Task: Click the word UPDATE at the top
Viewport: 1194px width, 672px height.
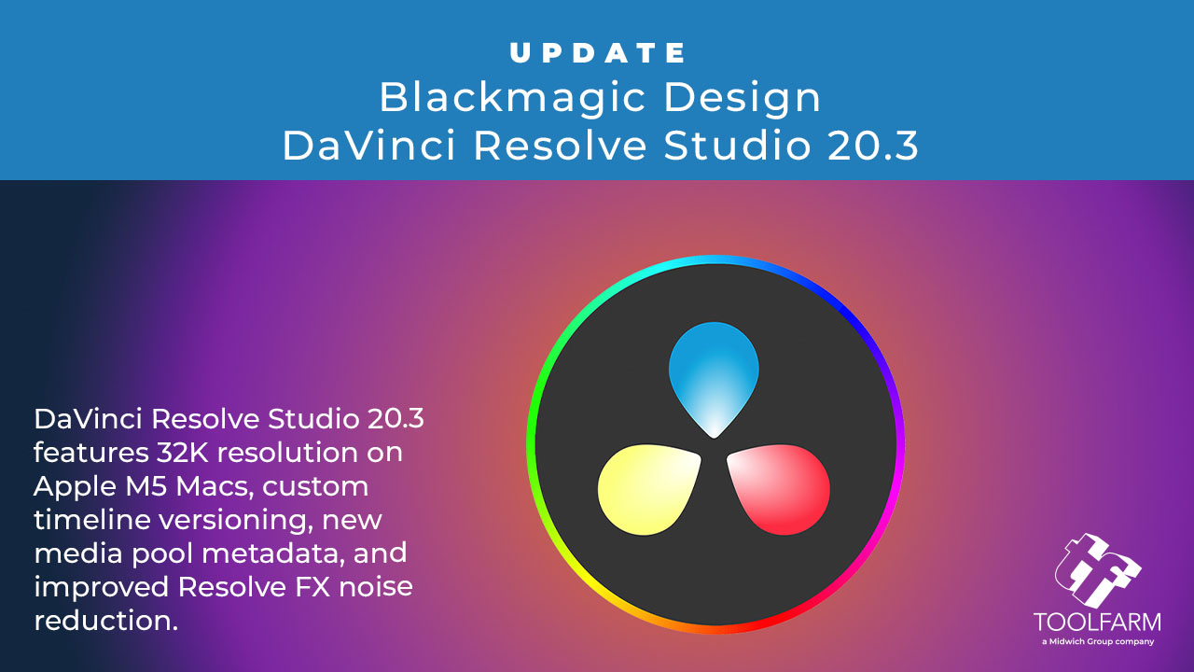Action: (598, 53)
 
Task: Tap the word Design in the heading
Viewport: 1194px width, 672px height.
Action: (742, 99)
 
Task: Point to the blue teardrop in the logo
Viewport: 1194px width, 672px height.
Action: (714, 376)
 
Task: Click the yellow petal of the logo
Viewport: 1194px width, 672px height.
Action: (647, 489)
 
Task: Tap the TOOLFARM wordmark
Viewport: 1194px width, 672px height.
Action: (1097, 623)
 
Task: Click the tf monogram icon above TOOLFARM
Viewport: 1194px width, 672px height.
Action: (1097, 570)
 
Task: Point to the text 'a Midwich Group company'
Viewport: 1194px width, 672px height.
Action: (1098, 641)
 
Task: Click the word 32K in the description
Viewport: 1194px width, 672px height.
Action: (182, 453)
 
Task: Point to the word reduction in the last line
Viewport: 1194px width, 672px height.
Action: (105, 621)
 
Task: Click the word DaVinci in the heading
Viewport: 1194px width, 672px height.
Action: (369, 145)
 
